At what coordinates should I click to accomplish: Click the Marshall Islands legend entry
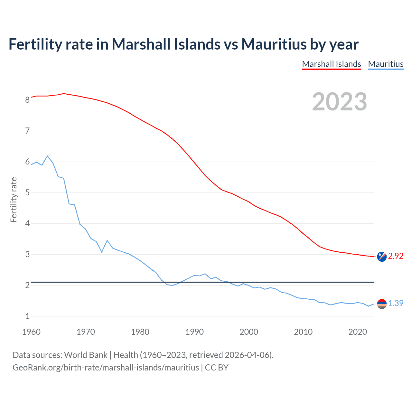point(332,64)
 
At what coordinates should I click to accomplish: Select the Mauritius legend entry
point(386,64)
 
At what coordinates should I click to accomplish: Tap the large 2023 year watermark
point(340,102)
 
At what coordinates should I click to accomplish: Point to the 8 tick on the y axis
point(27,100)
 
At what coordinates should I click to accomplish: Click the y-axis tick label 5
point(27,193)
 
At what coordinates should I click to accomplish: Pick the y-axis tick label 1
point(27,316)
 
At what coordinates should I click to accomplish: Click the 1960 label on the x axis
point(31,332)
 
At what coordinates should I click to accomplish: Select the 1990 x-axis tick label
point(194,332)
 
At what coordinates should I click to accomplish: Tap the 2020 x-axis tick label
point(358,332)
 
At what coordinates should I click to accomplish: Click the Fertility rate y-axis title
point(14,200)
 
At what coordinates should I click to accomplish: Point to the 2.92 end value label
point(396,256)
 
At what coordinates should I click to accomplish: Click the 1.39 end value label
point(396,303)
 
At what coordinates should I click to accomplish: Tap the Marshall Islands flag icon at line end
point(382,257)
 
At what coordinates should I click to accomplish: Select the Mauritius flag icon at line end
point(382,304)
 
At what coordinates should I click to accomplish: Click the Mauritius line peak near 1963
point(48,156)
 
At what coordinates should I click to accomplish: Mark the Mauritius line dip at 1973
point(102,252)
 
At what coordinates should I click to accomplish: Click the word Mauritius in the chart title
point(274,44)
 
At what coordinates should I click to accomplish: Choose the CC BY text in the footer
point(217,368)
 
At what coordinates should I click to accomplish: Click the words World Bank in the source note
point(86,355)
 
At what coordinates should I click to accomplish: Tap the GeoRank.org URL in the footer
point(106,368)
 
